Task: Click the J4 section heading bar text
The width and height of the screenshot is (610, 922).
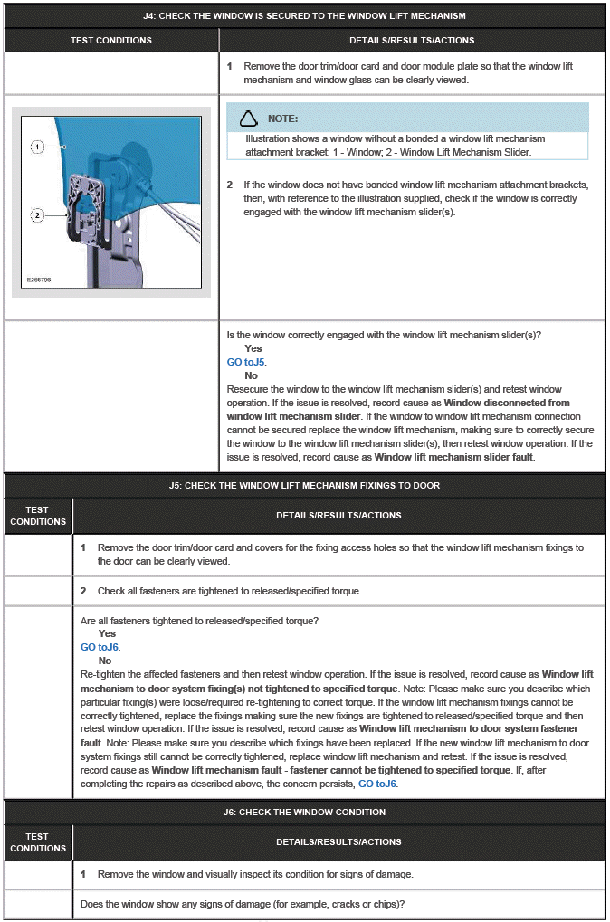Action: click(x=304, y=16)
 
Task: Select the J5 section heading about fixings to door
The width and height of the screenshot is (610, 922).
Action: click(x=304, y=485)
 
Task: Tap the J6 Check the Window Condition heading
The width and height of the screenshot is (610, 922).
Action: click(x=304, y=812)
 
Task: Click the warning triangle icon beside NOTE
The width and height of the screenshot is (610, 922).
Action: click(x=248, y=119)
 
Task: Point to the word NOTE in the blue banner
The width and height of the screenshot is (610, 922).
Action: click(x=282, y=119)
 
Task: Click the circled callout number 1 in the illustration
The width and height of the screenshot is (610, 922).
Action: click(x=37, y=146)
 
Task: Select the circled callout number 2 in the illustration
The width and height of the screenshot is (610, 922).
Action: click(x=37, y=215)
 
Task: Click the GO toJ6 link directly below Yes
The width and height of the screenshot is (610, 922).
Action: click(x=100, y=647)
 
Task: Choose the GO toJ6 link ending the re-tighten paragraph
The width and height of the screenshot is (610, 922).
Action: click(x=376, y=784)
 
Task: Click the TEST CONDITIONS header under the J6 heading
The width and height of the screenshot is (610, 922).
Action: click(x=38, y=842)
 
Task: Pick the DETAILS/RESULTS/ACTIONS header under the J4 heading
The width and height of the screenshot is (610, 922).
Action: click(x=412, y=41)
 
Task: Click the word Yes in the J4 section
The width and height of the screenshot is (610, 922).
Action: click(x=253, y=348)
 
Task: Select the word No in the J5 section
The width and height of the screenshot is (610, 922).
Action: click(x=105, y=661)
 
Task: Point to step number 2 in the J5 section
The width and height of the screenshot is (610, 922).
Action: click(x=83, y=591)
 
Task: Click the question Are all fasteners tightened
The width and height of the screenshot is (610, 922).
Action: click(x=198, y=621)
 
